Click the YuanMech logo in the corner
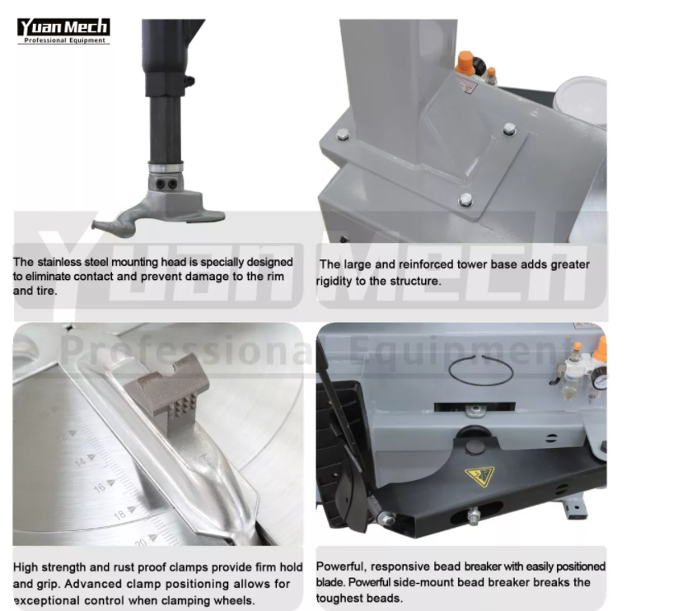pyautogui.click(x=63, y=31)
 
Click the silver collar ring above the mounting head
pyautogui.click(x=166, y=167)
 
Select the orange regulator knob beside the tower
pyautogui.click(x=465, y=63)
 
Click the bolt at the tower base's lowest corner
pyautogui.click(x=465, y=200)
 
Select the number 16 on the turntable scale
pyautogui.click(x=100, y=487)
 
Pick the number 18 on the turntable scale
pyautogui.click(x=119, y=515)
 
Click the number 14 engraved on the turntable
pyautogui.click(x=80, y=462)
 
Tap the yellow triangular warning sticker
pyautogui.click(x=479, y=476)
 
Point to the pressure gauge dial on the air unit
pyautogui.click(x=600, y=379)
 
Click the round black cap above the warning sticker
pyautogui.click(x=474, y=446)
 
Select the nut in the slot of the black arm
pyautogui.click(x=474, y=515)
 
